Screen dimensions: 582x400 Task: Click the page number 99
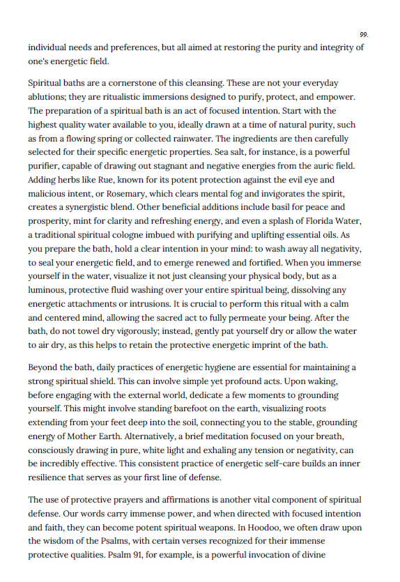364,34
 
